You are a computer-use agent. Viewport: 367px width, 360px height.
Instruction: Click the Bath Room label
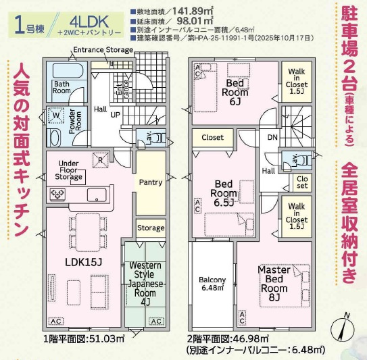[62, 87]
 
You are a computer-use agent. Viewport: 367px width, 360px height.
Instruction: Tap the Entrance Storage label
[103, 50]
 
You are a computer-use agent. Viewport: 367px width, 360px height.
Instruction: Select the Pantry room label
[150, 182]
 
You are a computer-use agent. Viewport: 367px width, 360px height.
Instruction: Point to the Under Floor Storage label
[70, 171]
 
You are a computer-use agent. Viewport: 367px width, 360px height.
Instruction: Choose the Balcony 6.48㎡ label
[212, 284]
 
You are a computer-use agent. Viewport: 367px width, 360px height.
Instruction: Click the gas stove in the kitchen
[56, 195]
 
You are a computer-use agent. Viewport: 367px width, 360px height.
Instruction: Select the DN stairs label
[272, 138]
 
